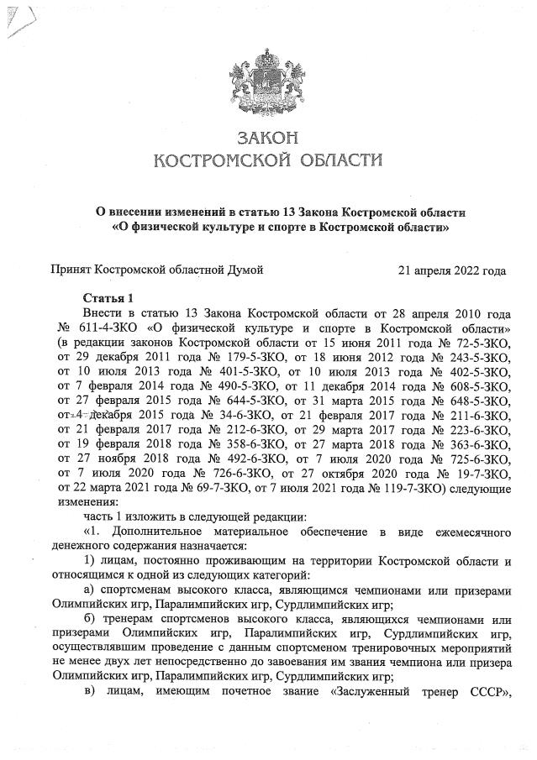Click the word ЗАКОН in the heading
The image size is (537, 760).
pyautogui.click(x=269, y=137)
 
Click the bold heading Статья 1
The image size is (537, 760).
pyautogui.click(x=108, y=298)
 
